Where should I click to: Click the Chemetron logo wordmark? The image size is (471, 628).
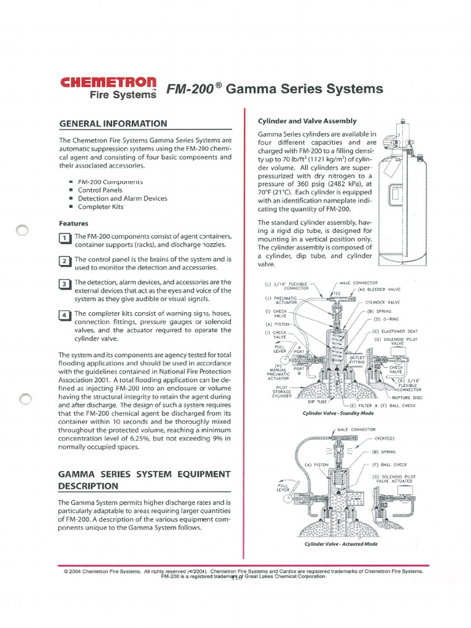109,83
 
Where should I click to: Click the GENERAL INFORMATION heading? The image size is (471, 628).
113,123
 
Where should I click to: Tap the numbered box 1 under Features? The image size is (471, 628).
64,239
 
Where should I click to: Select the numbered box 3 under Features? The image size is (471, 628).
64,285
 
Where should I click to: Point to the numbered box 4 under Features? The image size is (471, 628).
64,316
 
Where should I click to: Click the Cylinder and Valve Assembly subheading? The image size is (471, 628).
307,121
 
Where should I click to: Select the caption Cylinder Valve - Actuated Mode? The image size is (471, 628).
341,544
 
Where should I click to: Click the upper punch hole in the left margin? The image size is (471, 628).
23,230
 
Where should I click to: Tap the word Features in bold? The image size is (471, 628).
74,223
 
